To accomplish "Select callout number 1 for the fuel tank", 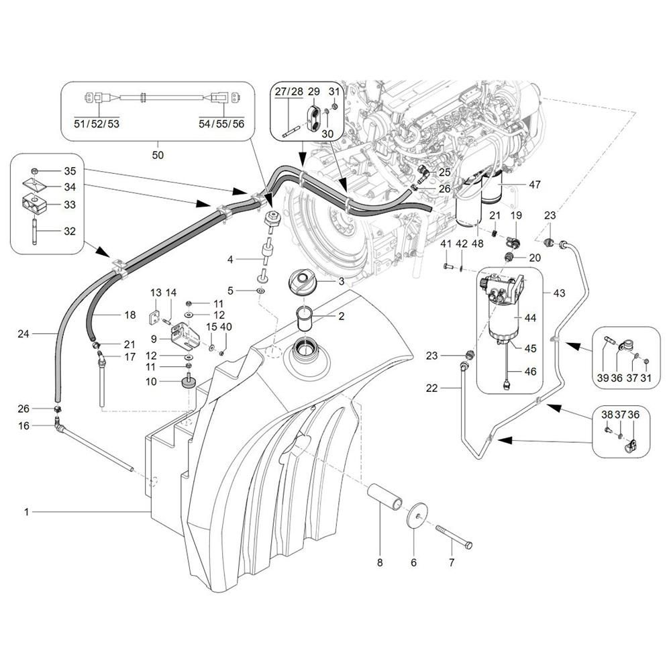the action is [x=27, y=512].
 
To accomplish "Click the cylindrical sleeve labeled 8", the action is [x=385, y=497].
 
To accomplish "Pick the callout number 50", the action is [x=158, y=155].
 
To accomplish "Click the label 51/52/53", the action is [x=97, y=123].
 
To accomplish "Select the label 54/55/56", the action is [x=221, y=123].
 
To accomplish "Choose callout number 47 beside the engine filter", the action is [x=535, y=185].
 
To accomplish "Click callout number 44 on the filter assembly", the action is [x=530, y=317].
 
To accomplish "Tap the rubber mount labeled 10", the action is [x=188, y=382].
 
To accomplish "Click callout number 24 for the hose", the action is [x=23, y=333].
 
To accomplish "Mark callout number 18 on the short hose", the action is [x=130, y=315].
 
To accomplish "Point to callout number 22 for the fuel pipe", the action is [x=431, y=388].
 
